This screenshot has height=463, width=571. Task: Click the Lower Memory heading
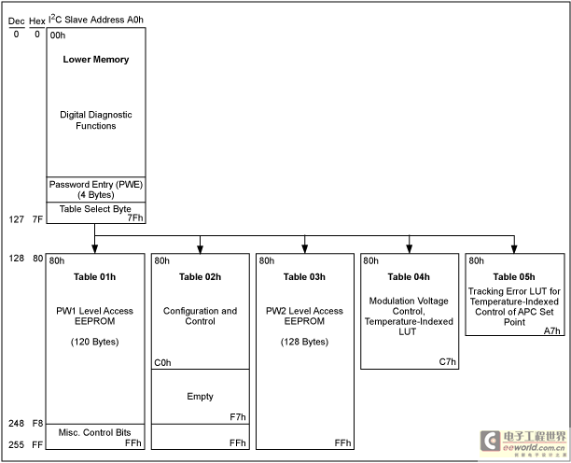[x=96, y=60]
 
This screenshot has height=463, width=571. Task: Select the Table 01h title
[x=94, y=277]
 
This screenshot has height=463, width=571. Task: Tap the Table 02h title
[x=200, y=277]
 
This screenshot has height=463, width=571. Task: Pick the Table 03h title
[x=304, y=277]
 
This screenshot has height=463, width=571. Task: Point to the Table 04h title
[x=409, y=277]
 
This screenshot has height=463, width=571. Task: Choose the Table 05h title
[x=514, y=277]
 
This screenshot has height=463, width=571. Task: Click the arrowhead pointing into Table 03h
[x=305, y=249]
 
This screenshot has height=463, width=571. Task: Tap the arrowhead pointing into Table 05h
[x=514, y=249]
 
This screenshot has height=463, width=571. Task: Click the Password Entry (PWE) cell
[x=96, y=189]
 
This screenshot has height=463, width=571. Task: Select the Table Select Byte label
[x=95, y=209]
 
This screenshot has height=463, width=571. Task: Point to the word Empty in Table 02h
[x=200, y=397]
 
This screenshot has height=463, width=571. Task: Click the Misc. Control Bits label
[x=94, y=432]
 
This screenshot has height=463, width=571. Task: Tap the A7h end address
[x=552, y=330]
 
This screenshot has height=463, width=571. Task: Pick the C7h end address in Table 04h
[x=447, y=362]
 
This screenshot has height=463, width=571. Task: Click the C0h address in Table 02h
[x=162, y=363]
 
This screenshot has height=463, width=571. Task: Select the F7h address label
[x=238, y=416]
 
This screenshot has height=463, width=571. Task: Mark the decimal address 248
[x=17, y=423]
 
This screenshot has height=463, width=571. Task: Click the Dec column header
[x=17, y=21]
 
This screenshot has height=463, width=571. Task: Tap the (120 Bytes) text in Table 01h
[x=94, y=342]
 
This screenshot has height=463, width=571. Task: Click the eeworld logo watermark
[x=522, y=443]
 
